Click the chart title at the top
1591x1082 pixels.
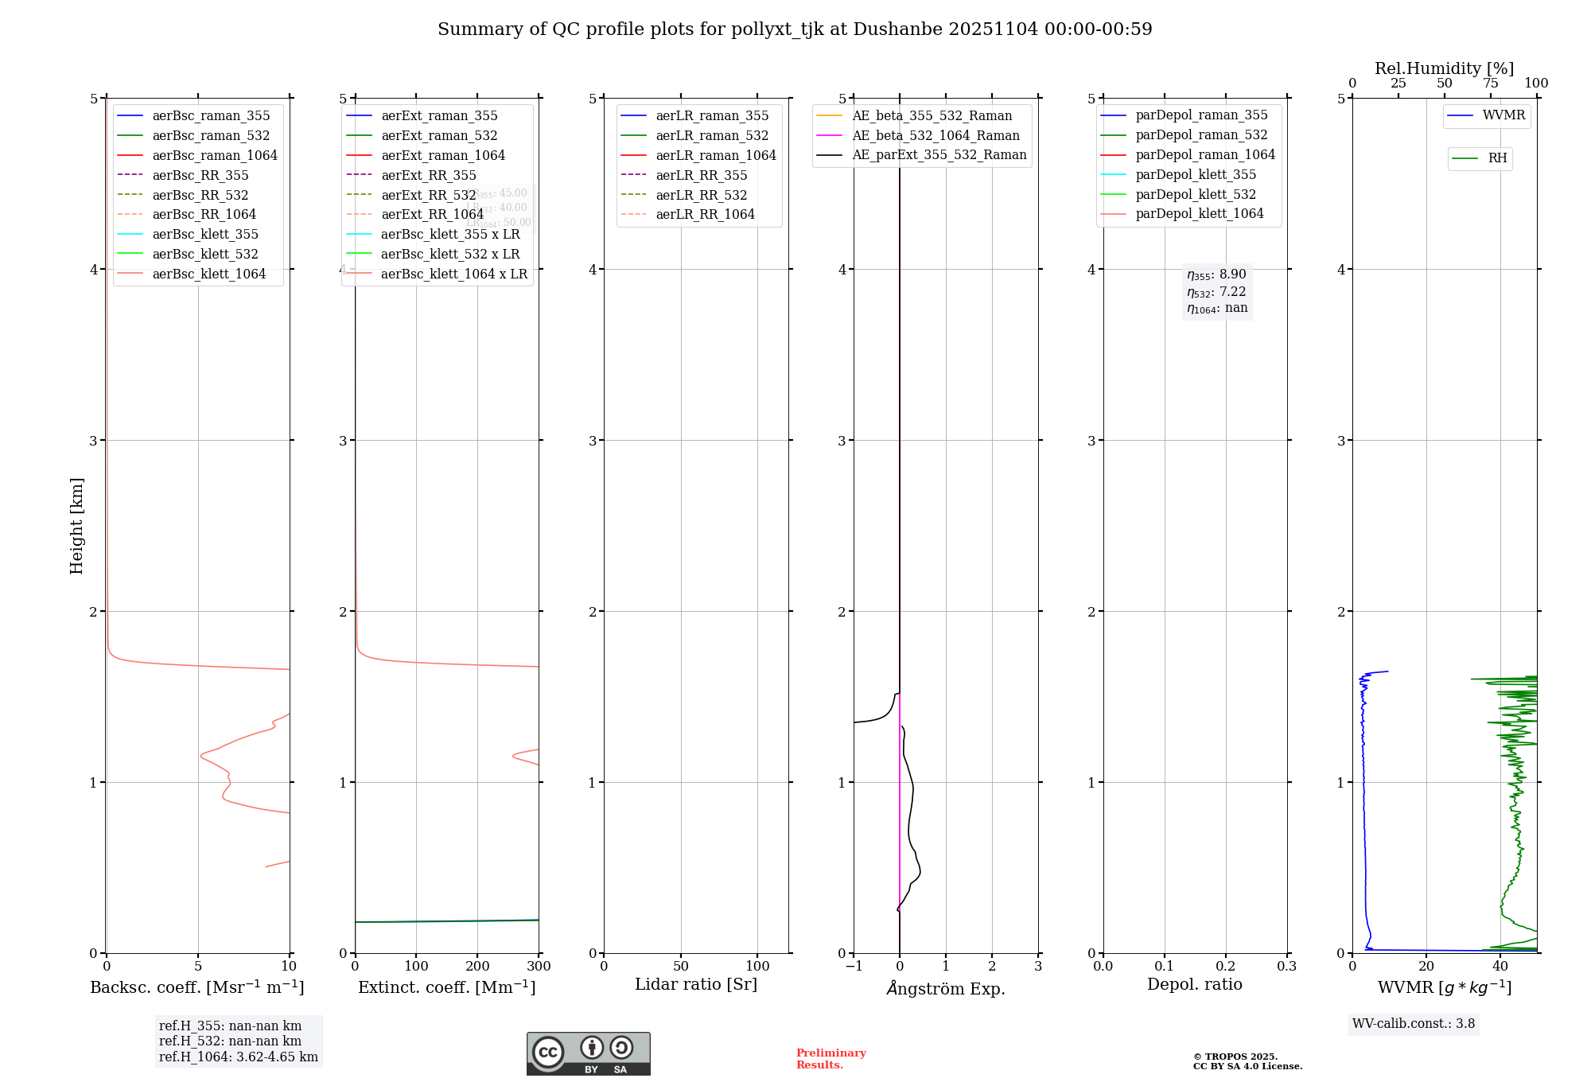795,29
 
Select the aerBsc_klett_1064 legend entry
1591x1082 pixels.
208,274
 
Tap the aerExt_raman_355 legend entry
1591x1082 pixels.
439,116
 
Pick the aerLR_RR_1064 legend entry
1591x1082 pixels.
705,214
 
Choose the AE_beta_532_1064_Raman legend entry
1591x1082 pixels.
936,135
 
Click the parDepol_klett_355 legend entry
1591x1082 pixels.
1196,174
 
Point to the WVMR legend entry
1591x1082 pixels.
1503,115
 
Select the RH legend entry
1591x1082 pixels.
1497,158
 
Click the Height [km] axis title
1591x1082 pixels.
76,525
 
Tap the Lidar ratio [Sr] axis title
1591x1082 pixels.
696,984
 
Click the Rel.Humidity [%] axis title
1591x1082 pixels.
1444,68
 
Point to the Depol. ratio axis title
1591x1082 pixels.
1194,984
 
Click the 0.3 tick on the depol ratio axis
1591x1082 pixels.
1286,966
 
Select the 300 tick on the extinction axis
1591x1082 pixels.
539,966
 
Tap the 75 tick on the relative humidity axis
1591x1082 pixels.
1490,84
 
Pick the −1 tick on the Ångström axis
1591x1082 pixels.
854,966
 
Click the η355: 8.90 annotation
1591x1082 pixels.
1216,274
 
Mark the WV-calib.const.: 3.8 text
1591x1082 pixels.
1414,1024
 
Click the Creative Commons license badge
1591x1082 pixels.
588,1053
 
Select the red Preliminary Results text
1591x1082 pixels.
831,1059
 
